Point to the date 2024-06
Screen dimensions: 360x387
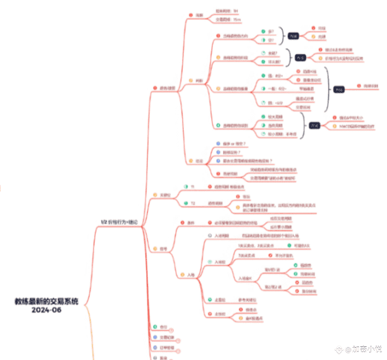tap(47, 310)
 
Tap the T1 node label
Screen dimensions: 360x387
tap(192, 186)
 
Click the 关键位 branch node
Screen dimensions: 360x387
tap(165, 195)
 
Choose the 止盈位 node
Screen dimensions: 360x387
tap(219, 301)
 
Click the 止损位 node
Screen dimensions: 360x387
tap(219, 313)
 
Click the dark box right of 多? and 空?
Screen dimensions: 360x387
tap(294, 37)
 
